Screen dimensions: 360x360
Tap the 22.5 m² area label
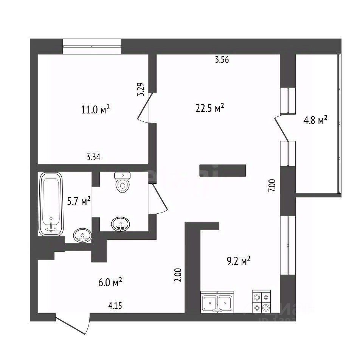pos(210,109)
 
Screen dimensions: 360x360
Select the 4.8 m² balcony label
pos(315,121)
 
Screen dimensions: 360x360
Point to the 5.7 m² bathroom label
pos(79,202)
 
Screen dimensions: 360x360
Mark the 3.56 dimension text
pos(222,59)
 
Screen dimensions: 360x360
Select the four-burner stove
pos(261,301)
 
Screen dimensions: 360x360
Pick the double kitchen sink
pos(217,302)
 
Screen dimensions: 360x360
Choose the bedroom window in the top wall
pos(92,46)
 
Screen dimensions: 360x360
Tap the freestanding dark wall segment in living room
pos(223,171)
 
